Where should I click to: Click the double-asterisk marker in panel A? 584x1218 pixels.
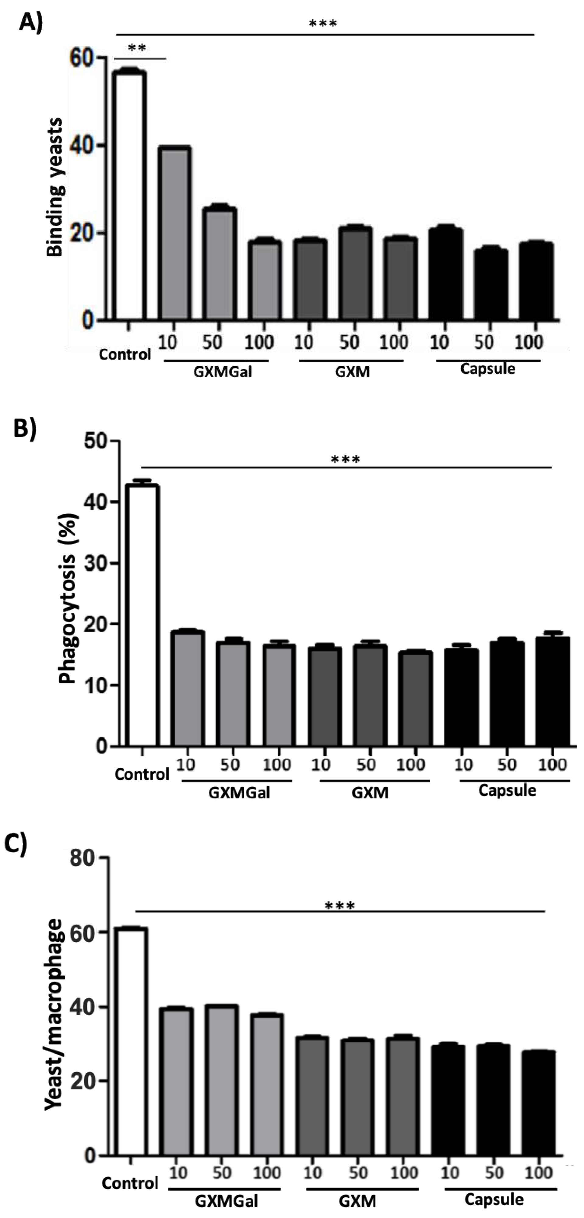[137, 48]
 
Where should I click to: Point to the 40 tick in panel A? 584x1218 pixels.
[81, 146]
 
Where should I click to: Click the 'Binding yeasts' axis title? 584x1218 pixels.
[55, 187]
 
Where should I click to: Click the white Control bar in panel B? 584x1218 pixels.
[142, 615]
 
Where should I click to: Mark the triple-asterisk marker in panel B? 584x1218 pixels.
[346, 459]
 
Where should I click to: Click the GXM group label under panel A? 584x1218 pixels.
[352, 372]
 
